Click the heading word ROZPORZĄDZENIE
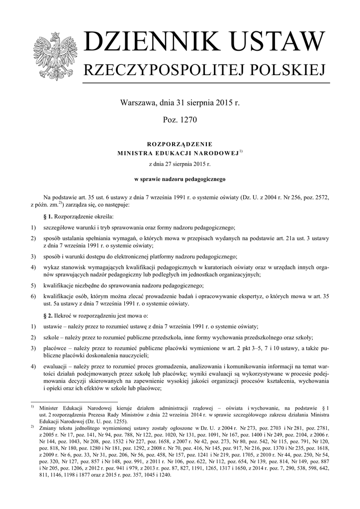pyautogui.click(x=180, y=144)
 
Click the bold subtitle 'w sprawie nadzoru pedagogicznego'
pyautogui.click(x=180, y=177)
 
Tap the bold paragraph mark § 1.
pyautogui.click(x=48, y=217)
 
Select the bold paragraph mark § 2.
pyautogui.click(x=48, y=316)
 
